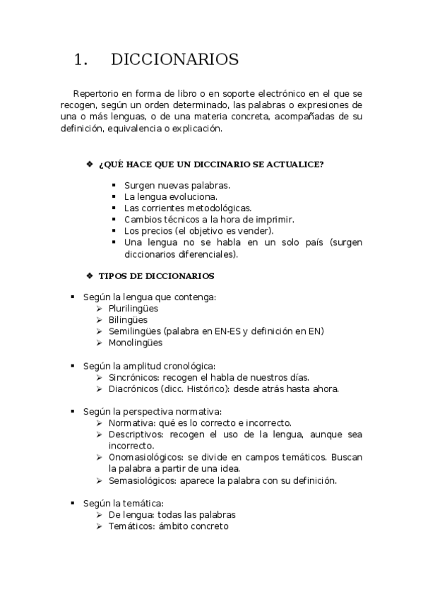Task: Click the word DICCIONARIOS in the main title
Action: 174,60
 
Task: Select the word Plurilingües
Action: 133,309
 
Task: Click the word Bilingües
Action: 128,320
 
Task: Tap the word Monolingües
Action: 136,343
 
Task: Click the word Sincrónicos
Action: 133,377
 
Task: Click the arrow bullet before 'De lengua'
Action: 100,515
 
